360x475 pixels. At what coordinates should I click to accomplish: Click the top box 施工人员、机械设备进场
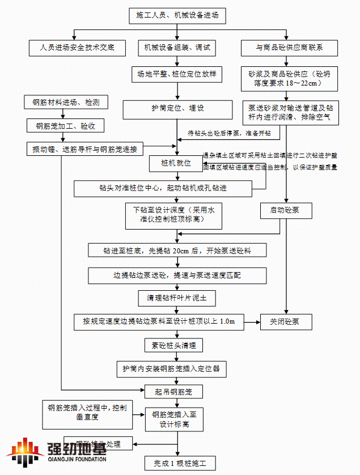tap(177, 16)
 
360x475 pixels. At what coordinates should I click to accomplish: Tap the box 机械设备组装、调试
tap(177, 48)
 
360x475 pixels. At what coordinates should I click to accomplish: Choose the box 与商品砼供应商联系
tap(289, 48)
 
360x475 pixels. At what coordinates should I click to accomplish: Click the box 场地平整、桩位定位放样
tap(177, 74)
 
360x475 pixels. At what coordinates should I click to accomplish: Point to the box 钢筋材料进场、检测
tap(66, 103)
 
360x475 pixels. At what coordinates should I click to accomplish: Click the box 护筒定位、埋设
tap(177, 108)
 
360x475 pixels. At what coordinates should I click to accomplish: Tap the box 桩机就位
tap(176, 164)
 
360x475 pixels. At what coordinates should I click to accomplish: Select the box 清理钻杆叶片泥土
tap(177, 297)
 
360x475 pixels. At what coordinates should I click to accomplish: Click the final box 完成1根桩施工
tap(180, 463)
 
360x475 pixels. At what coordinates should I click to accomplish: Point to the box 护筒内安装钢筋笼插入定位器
tap(171, 368)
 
